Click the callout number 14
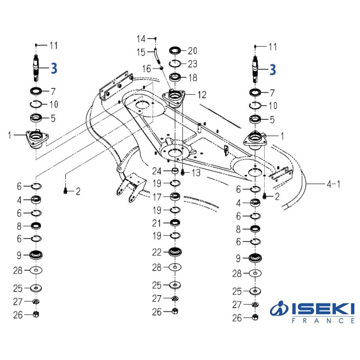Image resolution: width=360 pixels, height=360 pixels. click(141, 39)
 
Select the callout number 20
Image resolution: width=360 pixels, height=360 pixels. click(193, 51)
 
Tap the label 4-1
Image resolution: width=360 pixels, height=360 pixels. click(333, 184)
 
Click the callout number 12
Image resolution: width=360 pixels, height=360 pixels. click(202, 94)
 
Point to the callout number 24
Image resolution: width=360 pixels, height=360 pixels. click(157, 171)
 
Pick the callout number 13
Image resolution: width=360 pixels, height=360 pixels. click(196, 173)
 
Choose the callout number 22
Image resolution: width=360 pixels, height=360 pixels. click(157, 252)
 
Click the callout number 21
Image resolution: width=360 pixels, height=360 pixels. click(156, 223)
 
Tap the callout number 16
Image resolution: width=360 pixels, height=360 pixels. click(147, 68)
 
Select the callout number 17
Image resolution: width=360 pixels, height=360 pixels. click(157, 197)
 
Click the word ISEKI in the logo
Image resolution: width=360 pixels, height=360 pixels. click(323, 309)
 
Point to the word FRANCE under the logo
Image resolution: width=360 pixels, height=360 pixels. click(323, 320)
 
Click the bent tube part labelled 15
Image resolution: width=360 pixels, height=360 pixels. click(157, 56)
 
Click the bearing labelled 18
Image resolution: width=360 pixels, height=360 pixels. click(175, 77)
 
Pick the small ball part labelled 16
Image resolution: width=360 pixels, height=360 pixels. click(162, 68)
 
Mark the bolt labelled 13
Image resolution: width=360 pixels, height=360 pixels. click(183, 171)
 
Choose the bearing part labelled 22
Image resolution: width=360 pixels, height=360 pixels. click(175, 252)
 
